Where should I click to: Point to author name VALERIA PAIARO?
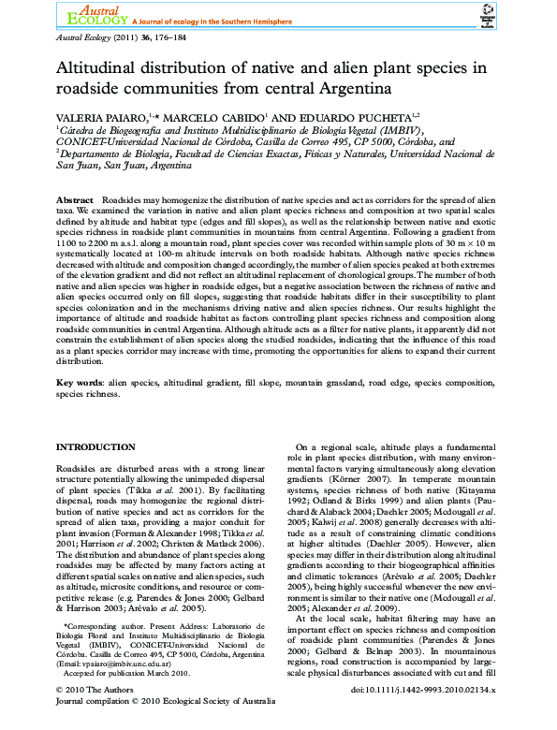tap(99, 114)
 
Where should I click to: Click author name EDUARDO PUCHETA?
tap(360, 114)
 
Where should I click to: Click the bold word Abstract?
tap(75, 201)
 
